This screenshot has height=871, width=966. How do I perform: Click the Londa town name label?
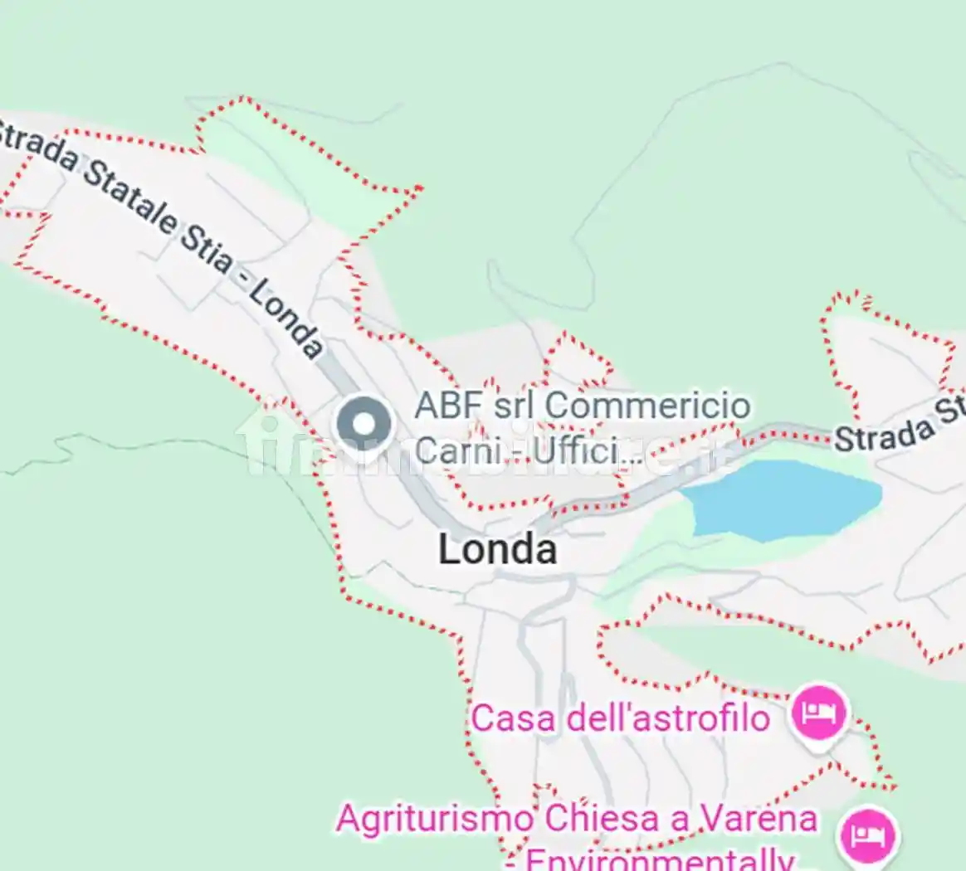point(497,549)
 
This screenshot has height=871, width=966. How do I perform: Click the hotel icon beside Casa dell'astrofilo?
point(818,713)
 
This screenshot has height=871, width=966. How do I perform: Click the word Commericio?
point(648,406)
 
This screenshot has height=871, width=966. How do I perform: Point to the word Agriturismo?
point(436,820)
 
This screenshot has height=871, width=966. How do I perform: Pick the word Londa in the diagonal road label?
point(285,319)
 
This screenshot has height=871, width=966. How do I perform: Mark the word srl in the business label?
point(515,406)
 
